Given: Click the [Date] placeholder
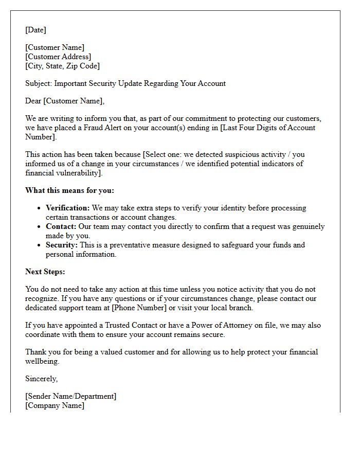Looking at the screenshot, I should point(35,30).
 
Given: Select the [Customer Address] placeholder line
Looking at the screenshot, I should point(58,57).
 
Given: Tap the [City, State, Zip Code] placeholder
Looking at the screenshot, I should point(62,66).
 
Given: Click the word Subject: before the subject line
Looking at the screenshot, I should point(39,83).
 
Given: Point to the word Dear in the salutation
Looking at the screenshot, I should point(33,101).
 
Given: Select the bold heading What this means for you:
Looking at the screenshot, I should point(69,190).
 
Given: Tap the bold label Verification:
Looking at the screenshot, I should point(68,208).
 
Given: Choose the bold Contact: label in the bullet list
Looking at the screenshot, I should point(61,226).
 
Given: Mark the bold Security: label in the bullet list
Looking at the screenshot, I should point(62,245).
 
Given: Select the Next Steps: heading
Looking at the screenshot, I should point(45,272).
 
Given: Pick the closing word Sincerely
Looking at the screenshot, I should point(42,379).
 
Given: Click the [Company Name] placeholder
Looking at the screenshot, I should point(55,405).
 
